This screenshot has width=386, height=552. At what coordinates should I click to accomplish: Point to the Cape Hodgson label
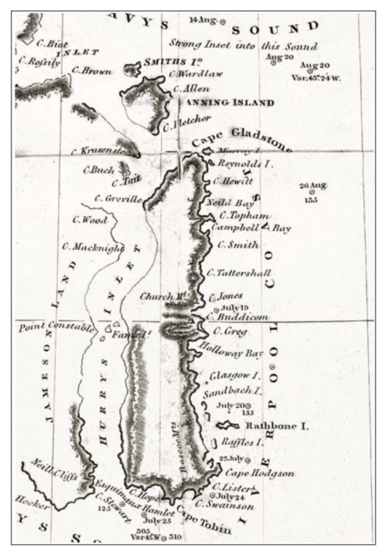[x=249, y=473]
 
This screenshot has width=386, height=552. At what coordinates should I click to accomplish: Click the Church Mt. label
[x=158, y=297]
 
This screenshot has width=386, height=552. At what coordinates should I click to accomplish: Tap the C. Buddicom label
[x=237, y=317]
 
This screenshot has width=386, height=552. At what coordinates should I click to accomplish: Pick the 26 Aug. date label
[x=313, y=187]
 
